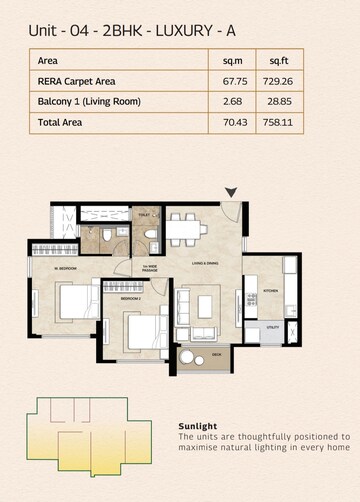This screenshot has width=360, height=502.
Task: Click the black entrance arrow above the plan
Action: tap(233, 191)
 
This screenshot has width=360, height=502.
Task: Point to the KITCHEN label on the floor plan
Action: tap(269, 291)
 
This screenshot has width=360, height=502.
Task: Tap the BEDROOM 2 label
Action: tap(132, 298)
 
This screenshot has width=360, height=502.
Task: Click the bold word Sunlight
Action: tap(197, 424)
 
